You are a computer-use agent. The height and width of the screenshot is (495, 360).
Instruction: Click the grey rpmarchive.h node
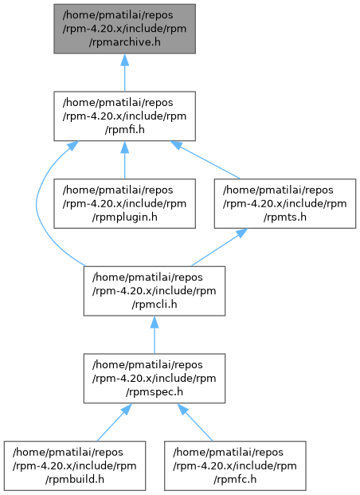pos(124,29)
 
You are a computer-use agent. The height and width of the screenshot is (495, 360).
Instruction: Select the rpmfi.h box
pos(124,116)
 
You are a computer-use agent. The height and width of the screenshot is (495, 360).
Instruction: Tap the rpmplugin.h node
pos(124,203)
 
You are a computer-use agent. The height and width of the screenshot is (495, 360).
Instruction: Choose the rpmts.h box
pos(285,203)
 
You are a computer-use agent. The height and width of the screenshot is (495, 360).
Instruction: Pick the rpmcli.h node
pos(155,291)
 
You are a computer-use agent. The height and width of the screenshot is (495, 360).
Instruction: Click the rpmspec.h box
pos(155,379)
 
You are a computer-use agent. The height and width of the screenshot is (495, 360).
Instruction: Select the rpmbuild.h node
pos(75,466)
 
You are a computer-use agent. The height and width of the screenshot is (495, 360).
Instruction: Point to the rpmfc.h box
pos(235,466)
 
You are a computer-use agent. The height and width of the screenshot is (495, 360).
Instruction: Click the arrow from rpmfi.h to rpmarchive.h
pos(124,73)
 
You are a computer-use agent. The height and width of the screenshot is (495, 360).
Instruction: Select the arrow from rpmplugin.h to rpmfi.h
pos(124,160)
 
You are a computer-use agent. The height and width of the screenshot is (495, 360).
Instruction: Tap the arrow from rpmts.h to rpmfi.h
pos(205,160)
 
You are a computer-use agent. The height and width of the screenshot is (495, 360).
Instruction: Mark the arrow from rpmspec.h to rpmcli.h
pos(155,335)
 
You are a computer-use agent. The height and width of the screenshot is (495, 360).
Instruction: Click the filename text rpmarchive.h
pos(124,42)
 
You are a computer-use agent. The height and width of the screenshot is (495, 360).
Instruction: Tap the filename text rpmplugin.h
pos(124,217)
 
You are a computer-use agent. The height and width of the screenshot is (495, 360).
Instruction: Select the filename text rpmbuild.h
pos(75,480)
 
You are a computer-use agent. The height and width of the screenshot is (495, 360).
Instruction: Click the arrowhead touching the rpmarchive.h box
pos(124,60)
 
